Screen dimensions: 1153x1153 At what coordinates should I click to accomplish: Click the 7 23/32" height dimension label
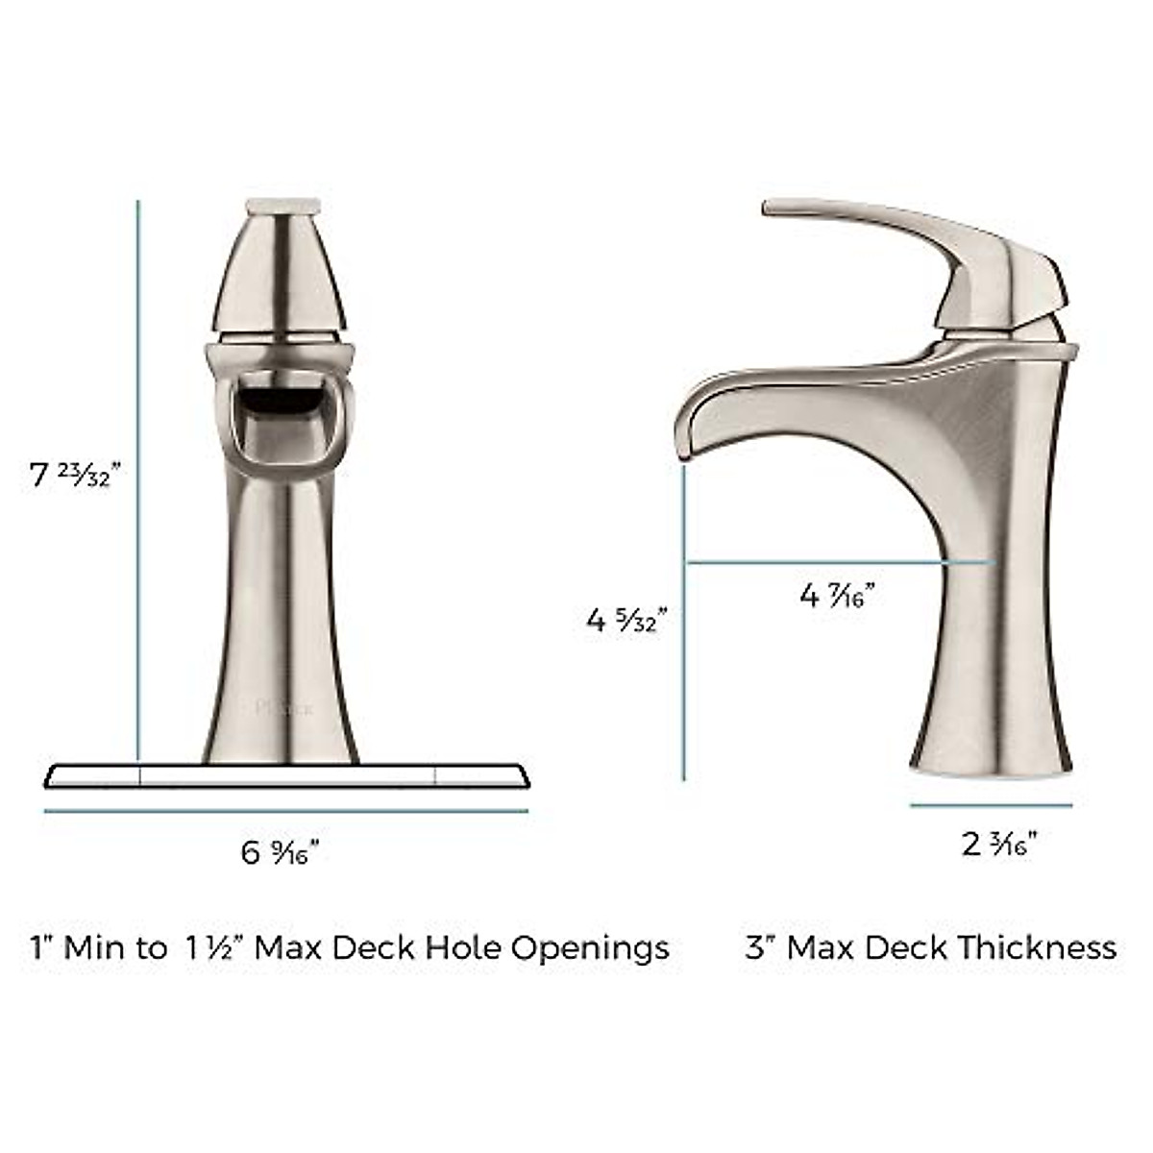pyautogui.click(x=76, y=475)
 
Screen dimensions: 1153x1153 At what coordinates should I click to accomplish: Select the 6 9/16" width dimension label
pyautogui.click(x=280, y=851)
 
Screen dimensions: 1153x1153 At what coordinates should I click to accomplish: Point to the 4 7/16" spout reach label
pyautogui.click(x=837, y=596)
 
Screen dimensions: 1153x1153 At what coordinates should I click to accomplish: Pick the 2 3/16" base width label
pyautogui.click(x=999, y=844)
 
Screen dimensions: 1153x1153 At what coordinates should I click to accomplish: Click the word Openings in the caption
pyautogui.click(x=590, y=948)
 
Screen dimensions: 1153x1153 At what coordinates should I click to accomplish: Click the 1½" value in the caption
pyautogui.click(x=213, y=948)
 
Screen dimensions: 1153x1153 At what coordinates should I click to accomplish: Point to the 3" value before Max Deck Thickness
pyautogui.click(x=760, y=948)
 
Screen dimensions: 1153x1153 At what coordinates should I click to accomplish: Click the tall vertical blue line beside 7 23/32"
pyautogui.click(x=138, y=480)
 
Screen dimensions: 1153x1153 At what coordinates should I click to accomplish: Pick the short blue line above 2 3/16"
pyautogui.click(x=991, y=805)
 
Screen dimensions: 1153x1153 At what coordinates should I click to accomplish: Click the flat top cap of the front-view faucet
pyautogui.click(x=282, y=205)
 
